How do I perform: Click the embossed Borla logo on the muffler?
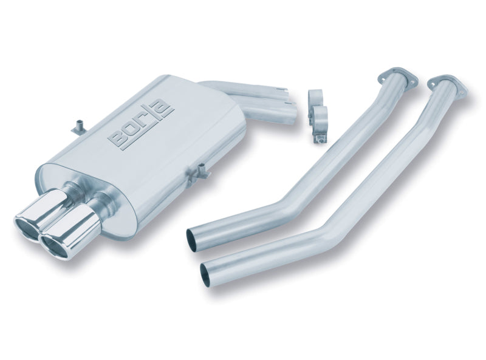[141, 124]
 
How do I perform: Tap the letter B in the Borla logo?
[118, 139]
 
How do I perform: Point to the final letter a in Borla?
[166, 109]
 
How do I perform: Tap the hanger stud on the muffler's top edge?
[77, 125]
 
